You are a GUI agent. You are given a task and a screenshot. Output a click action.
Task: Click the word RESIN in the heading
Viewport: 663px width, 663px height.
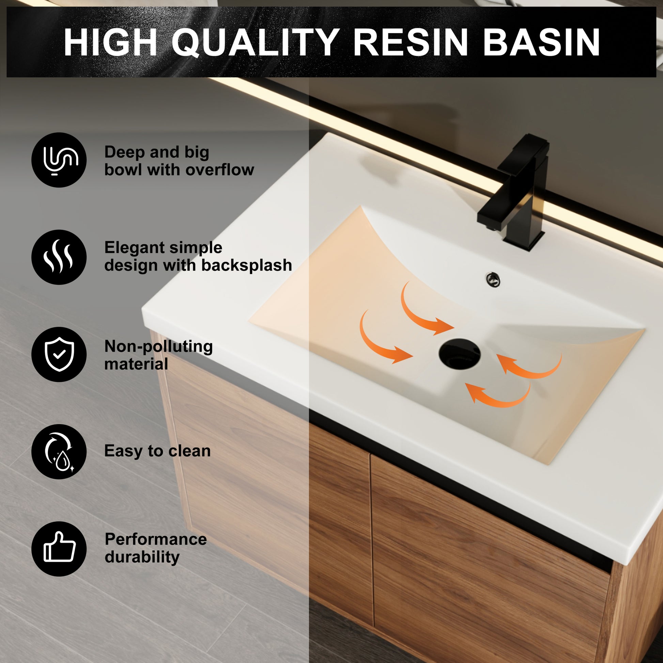coord(411,42)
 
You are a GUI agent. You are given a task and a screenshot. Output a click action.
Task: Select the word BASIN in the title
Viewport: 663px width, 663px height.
coord(541,42)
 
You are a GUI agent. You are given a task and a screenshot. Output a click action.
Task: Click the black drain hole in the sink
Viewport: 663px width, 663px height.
coord(459,353)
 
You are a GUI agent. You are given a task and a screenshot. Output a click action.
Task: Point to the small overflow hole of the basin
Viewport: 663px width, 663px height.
coord(493,279)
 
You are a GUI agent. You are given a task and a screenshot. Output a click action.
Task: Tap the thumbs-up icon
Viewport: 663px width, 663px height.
coord(59,549)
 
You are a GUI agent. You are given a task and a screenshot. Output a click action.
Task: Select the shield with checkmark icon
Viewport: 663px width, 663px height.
coord(59,354)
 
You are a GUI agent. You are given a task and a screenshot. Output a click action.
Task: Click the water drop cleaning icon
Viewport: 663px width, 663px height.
coord(59,452)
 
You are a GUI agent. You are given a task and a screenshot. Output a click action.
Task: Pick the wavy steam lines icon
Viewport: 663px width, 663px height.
coord(59,257)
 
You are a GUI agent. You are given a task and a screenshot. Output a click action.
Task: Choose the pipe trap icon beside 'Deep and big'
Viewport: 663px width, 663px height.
coord(59,160)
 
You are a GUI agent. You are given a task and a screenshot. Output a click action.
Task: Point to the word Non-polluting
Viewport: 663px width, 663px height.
coord(158,346)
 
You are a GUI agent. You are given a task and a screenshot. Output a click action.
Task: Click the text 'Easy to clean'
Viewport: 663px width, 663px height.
coord(157,451)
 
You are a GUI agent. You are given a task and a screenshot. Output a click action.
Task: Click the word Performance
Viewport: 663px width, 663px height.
coord(156,539)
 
